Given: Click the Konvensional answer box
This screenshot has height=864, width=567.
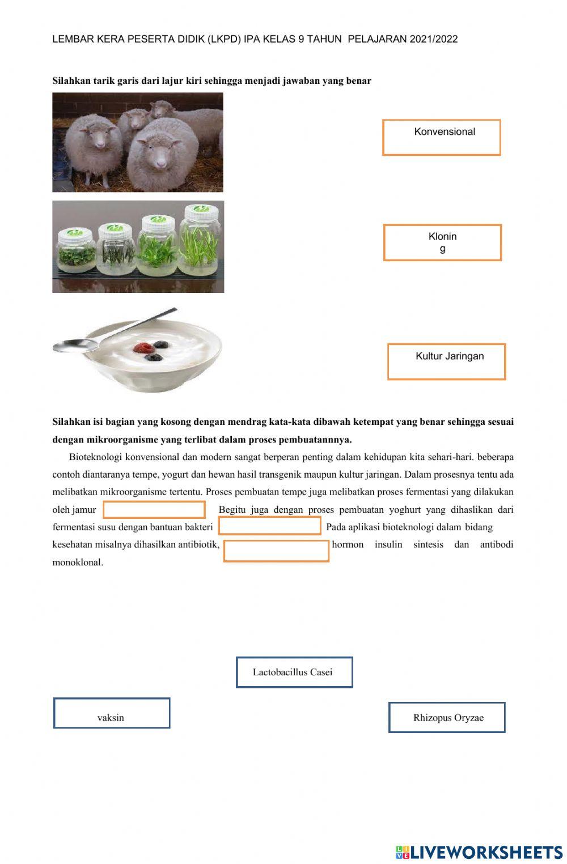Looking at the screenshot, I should coord(441,137).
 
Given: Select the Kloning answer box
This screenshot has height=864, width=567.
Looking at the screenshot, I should coord(442,242).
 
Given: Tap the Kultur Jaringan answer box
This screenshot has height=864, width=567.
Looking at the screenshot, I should coord(446,361).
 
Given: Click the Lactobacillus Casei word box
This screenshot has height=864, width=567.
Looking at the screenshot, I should coord(294,673).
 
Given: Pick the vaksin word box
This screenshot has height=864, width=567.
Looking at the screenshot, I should coord(112,713).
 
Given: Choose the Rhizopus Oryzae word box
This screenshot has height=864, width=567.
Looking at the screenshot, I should coord(447,717).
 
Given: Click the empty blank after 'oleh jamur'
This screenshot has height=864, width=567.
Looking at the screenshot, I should coord(154,510).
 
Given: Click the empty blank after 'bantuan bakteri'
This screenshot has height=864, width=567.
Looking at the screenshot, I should coord(270,526).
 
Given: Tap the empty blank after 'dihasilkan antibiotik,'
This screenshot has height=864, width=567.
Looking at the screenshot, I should coord(276,551).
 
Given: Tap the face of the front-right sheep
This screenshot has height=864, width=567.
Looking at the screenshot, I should coord(158,156).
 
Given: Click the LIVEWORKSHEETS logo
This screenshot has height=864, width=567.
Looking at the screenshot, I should coord(479,852).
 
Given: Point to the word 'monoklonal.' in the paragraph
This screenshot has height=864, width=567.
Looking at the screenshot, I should coord(78,563).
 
